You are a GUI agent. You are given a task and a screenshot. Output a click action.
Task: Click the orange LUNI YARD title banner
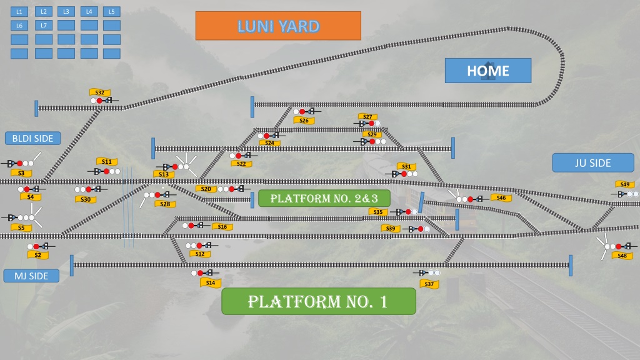pos(278,26)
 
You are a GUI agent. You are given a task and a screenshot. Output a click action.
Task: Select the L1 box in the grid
pos(19,12)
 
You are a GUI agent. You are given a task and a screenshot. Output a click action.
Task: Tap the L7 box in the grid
pos(44,25)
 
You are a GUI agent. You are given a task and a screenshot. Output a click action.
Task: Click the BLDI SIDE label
pos(32,138)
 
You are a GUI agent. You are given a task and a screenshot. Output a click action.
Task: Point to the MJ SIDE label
pos(31,276)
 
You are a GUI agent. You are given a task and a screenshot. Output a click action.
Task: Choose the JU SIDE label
pos(592,163)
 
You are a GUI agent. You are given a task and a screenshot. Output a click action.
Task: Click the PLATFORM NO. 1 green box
pos(318,301)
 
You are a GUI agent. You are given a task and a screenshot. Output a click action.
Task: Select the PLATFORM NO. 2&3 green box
pos(324,198)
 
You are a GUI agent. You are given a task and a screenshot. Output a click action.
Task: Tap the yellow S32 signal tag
pos(100,92)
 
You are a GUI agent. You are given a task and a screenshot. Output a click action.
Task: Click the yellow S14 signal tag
pos(211,282)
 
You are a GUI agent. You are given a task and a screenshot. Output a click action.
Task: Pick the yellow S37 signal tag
pos(429,284)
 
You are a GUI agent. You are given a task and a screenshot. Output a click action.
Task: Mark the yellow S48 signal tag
pos(622,256)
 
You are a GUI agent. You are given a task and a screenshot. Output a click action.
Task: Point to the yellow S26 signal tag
pos(304,121)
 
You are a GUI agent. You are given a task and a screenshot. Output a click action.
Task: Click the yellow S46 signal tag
pos(501,198)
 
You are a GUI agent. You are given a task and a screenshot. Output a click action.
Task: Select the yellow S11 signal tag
pos(106,162)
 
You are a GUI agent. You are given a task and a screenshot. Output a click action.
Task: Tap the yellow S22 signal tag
pos(241,164)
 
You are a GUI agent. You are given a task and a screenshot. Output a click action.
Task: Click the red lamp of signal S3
pos(19,163)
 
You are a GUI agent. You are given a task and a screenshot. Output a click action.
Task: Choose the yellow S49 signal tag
pos(625,184)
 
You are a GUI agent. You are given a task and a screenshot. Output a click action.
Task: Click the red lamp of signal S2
pos(36,246)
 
